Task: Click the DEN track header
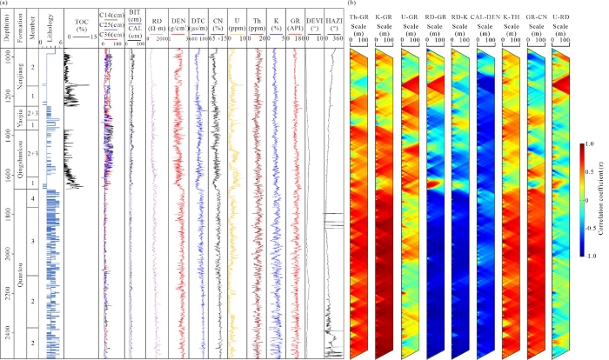click(x=178, y=23)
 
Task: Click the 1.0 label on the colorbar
click(x=591, y=143)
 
